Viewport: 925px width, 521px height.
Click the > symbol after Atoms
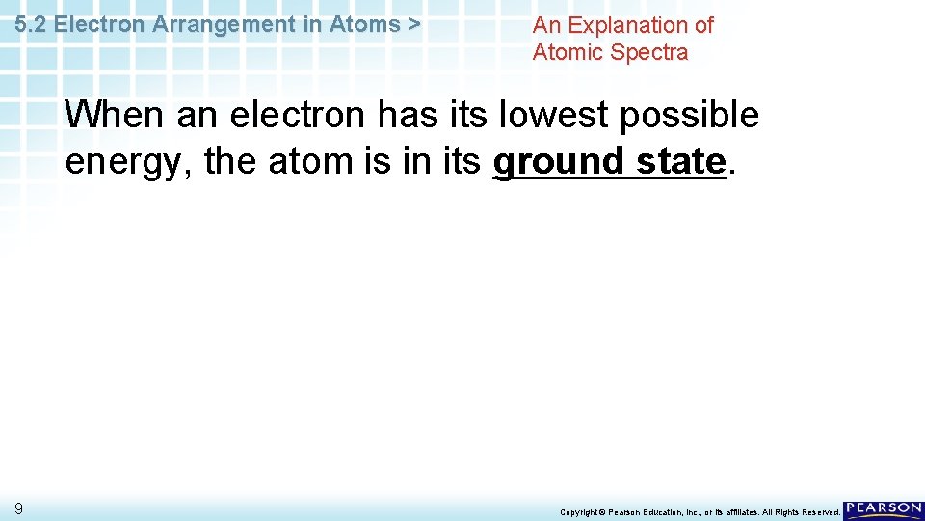413,25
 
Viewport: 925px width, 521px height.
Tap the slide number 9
18,508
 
